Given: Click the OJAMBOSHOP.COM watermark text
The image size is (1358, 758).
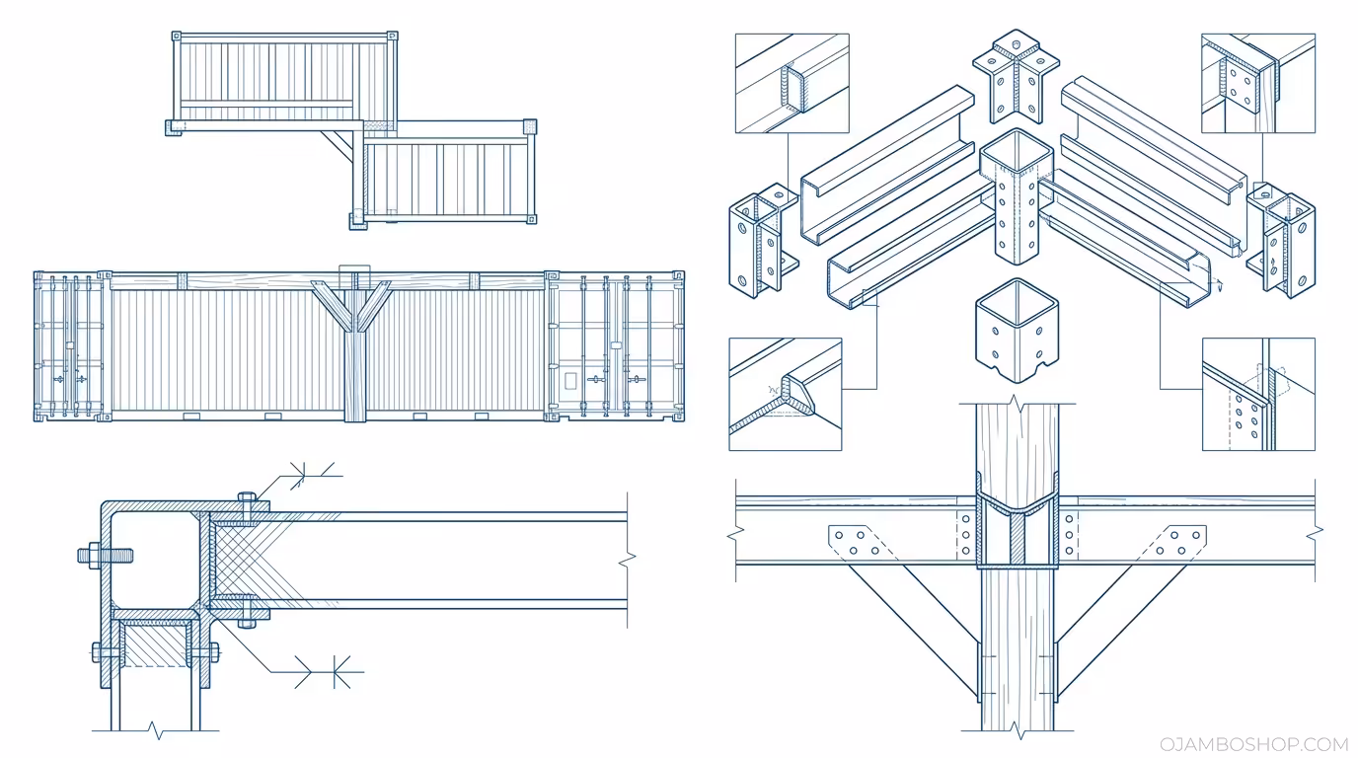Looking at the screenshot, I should click(1253, 744).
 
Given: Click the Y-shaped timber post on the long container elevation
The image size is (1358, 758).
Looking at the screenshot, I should click(352, 345).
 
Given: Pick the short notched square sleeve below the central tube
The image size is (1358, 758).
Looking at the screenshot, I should click(1016, 336).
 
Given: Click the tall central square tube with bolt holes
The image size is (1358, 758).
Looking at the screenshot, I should click(1017, 197).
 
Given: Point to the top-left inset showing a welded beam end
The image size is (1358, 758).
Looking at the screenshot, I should click(792, 83).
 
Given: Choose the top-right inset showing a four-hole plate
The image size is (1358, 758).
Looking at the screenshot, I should click(1257, 83).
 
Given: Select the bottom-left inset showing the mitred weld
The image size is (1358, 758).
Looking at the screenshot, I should click(786, 394).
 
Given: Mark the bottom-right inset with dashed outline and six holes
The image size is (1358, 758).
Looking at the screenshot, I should click(1257, 394).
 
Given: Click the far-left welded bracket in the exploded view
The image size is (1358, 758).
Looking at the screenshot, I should click(762, 242).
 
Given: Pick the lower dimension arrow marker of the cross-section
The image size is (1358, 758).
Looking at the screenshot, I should click(330, 673).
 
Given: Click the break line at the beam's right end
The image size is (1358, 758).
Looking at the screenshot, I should click(626, 559).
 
